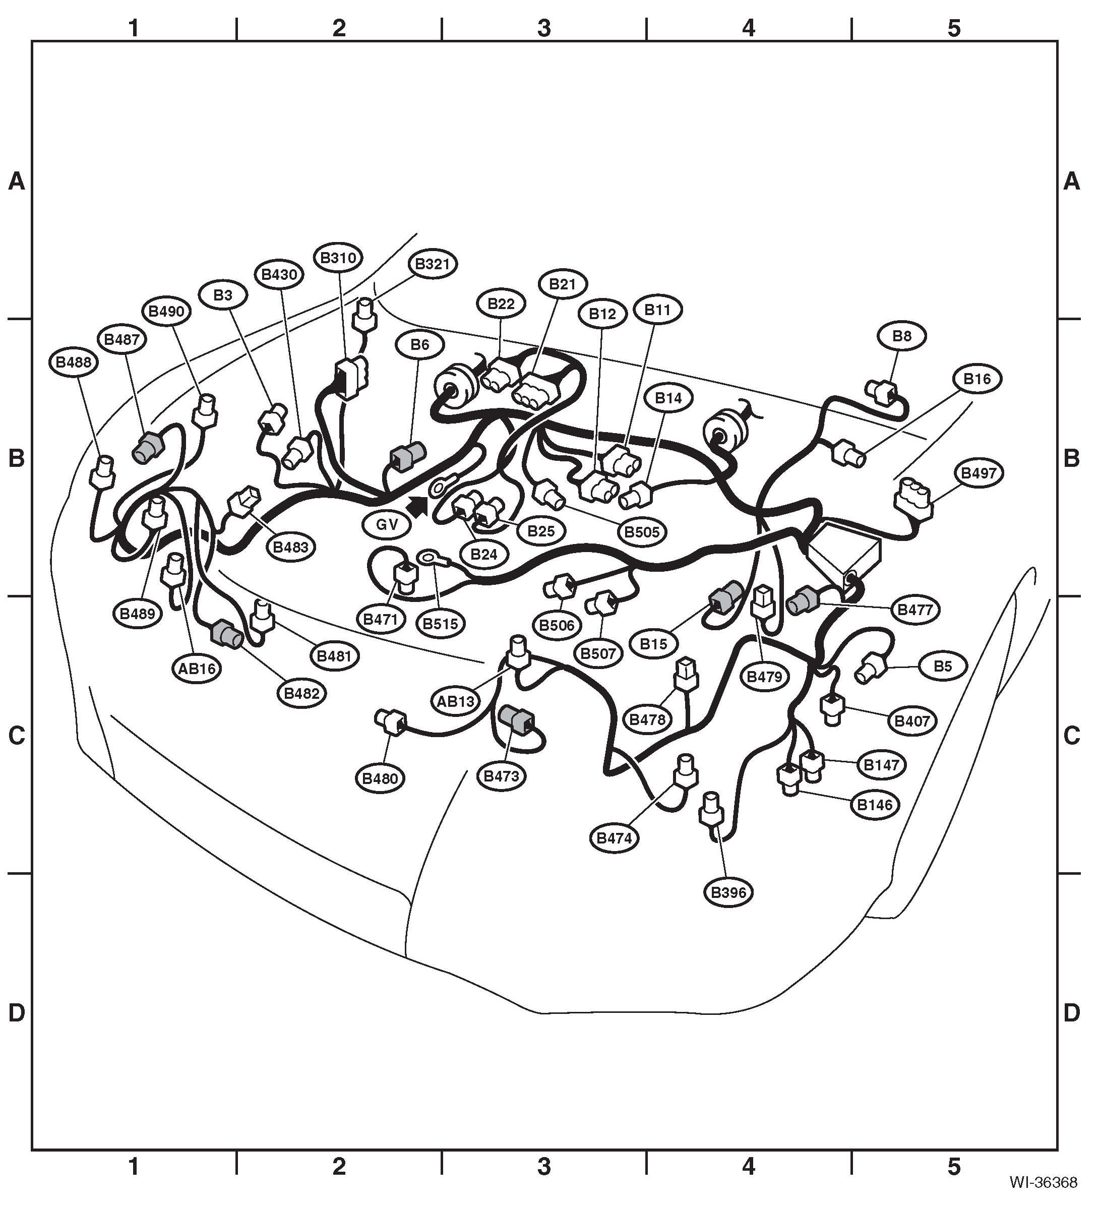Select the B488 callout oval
click(74, 363)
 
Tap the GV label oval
click(387, 525)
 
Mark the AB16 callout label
click(197, 668)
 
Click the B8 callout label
click(902, 336)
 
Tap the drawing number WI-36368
click(1043, 1182)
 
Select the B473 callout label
click(502, 776)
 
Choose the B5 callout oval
click(943, 667)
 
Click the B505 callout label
click(642, 531)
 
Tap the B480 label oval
click(381, 779)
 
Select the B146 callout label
click(875, 805)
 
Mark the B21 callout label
click(562, 284)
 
